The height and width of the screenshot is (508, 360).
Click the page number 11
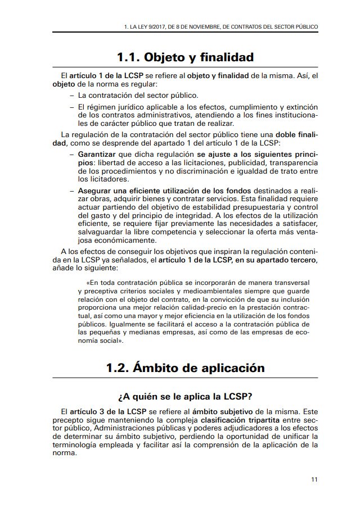(x=314, y=479)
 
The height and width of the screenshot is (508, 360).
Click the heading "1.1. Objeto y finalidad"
(x=185, y=57)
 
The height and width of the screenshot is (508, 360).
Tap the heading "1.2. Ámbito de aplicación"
(x=185, y=369)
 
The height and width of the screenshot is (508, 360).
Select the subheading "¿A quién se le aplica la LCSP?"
(x=185, y=394)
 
